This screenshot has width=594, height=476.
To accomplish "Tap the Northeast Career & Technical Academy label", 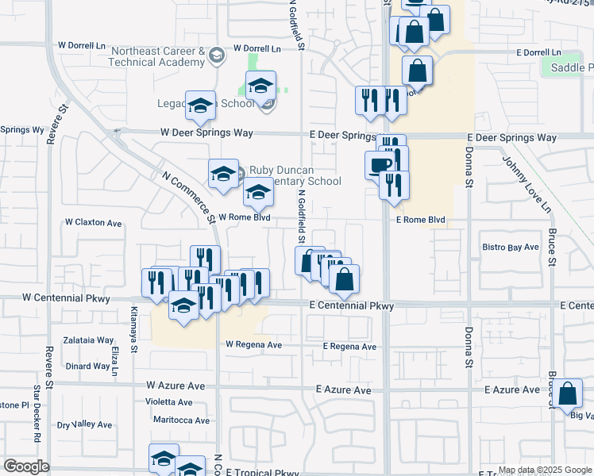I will (x=157, y=56).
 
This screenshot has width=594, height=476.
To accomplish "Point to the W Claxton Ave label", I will (x=93, y=223).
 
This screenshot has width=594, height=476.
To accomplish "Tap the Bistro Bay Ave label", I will (x=511, y=248).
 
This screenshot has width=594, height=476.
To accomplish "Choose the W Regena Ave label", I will (x=254, y=344).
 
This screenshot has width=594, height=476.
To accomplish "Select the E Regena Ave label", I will (x=349, y=347).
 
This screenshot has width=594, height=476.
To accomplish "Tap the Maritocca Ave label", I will (x=181, y=420).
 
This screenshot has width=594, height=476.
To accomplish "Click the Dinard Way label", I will (x=87, y=366).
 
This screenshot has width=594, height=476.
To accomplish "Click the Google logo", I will (x=26, y=466).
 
